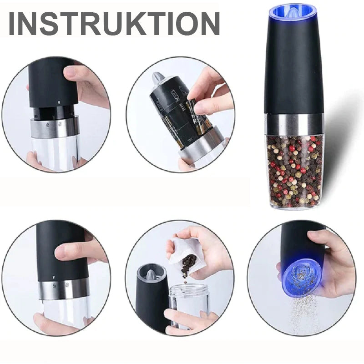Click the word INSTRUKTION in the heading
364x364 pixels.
114,24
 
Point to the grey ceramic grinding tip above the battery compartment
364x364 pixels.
157,78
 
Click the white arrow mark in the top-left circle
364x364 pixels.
59,102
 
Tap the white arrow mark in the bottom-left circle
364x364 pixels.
53,277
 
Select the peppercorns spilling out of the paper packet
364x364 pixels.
188,265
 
